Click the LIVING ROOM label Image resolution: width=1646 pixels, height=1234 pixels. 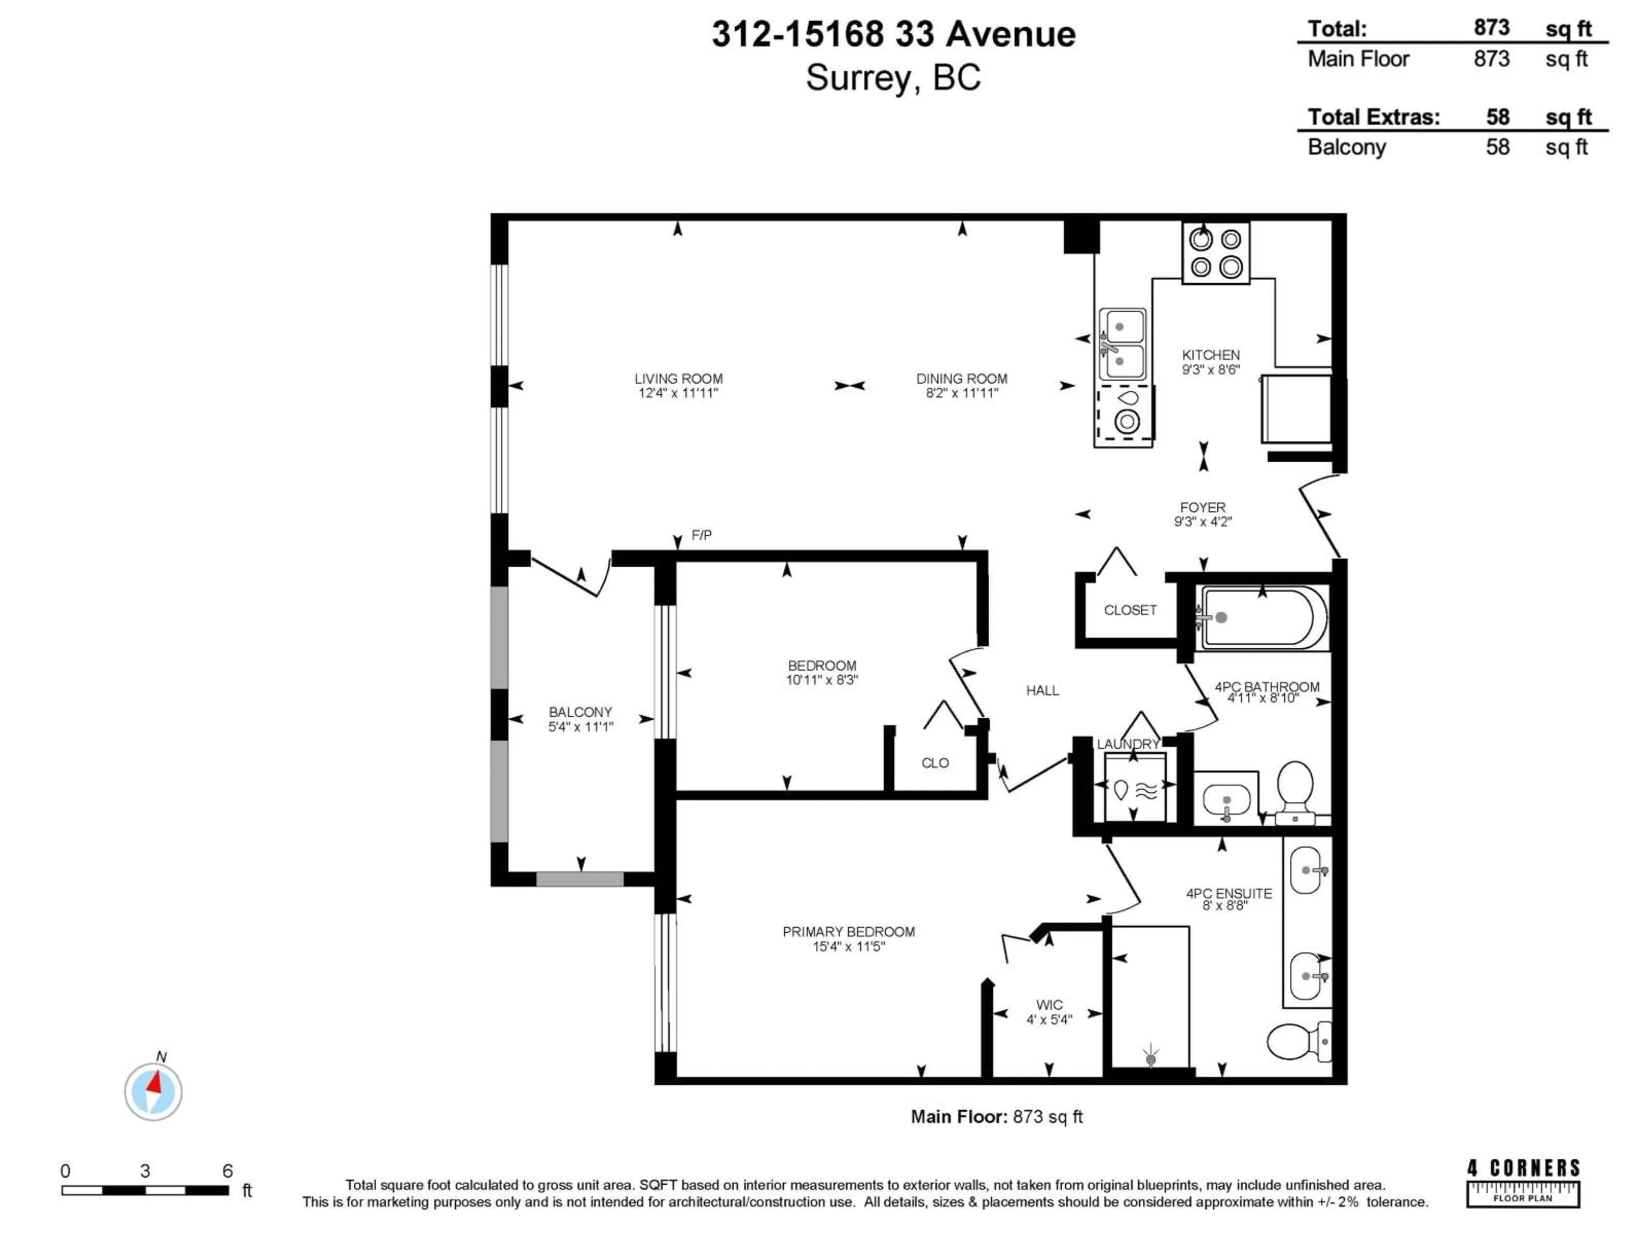(678, 379)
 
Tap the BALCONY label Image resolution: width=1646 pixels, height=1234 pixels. (580, 712)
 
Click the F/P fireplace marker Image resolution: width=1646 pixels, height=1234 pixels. (701, 535)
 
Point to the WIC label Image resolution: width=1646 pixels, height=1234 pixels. (1049, 1005)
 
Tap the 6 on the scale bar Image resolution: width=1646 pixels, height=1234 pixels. (228, 1171)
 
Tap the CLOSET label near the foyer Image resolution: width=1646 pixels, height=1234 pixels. (1129, 610)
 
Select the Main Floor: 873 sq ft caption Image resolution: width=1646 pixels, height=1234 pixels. (996, 1117)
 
